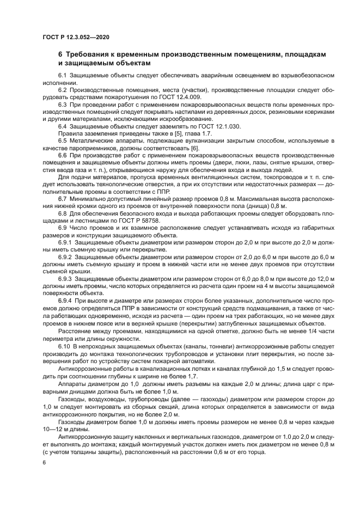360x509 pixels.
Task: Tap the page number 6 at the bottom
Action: click(44, 461)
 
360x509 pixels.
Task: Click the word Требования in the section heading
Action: click(91, 55)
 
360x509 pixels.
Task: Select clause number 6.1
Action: click(63, 73)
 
